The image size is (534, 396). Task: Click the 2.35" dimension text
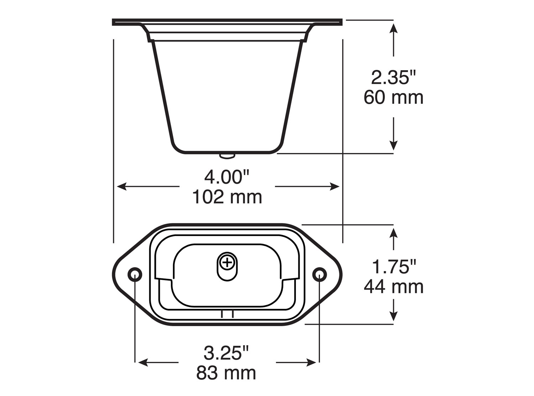coord(393,77)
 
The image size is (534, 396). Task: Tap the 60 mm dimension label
coord(393,98)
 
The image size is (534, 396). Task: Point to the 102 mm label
coord(227,197)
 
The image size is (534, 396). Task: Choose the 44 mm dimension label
coord(393,287)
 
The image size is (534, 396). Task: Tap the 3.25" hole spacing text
coord(226,353)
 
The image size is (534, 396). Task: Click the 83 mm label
coord(226,373)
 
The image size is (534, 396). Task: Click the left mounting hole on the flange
coord(135,274)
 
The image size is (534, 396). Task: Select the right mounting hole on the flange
coord(319,274)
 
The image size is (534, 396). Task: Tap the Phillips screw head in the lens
coord(227,263)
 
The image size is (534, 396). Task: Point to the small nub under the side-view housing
coord(227,155)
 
